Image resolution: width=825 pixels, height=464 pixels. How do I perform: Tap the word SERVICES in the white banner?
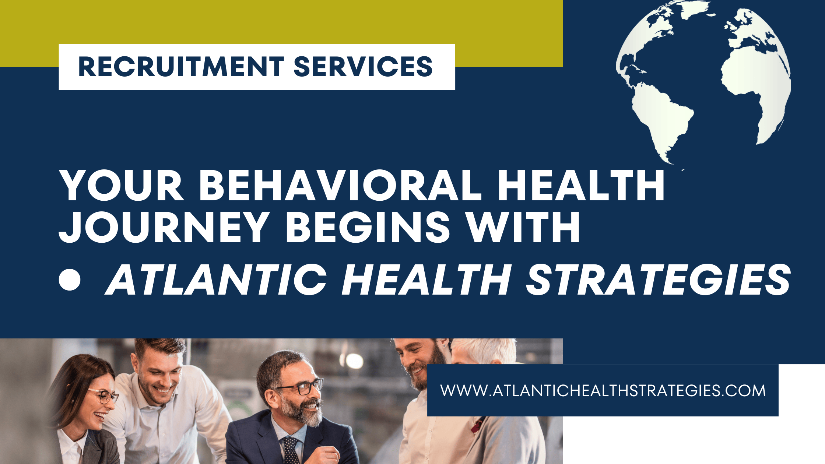[x=363, y=67]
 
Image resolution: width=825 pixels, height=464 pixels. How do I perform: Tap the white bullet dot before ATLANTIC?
[x=70, y=280]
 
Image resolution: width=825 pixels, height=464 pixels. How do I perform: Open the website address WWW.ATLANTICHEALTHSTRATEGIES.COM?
[x=603, y=391]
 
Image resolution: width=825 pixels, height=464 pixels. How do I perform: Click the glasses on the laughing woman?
[x=103, y=396]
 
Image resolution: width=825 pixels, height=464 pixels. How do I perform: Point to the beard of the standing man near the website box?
[x=431, y=368]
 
